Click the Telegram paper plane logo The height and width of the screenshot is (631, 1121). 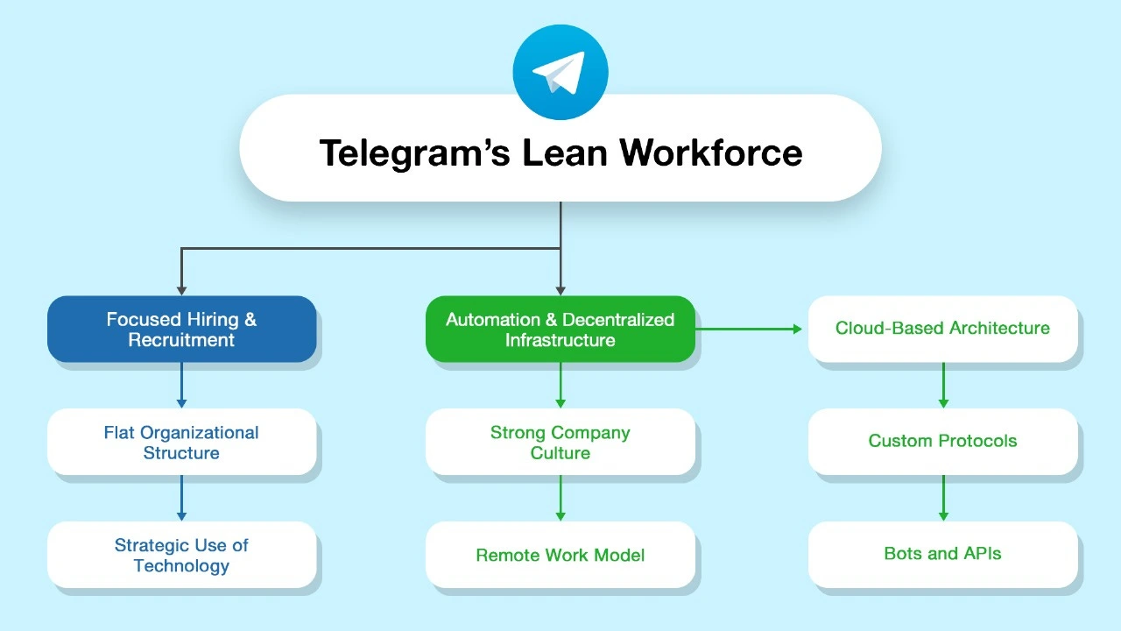560,73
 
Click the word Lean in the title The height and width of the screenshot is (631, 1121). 566,152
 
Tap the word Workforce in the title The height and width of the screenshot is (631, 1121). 711,152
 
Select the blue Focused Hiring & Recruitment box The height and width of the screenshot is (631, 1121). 181,330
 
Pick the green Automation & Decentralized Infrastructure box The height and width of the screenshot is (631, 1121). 560,330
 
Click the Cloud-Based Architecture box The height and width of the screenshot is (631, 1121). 942,329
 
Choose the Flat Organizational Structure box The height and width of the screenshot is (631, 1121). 181,442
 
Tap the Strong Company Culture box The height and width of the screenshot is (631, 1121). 560,442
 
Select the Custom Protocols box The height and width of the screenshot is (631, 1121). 942,441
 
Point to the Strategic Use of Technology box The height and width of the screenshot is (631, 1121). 181,555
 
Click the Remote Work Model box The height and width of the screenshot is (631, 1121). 560,555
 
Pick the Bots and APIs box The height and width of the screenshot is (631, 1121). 942,554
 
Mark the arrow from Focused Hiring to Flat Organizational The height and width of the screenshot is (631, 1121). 181,385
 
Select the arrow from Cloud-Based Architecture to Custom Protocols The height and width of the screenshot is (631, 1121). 943,385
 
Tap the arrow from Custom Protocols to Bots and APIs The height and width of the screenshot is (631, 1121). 943,498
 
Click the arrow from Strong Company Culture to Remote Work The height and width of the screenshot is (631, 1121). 560,498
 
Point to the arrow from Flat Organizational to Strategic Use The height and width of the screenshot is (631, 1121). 181,498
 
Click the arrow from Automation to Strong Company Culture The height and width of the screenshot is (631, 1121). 560,385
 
